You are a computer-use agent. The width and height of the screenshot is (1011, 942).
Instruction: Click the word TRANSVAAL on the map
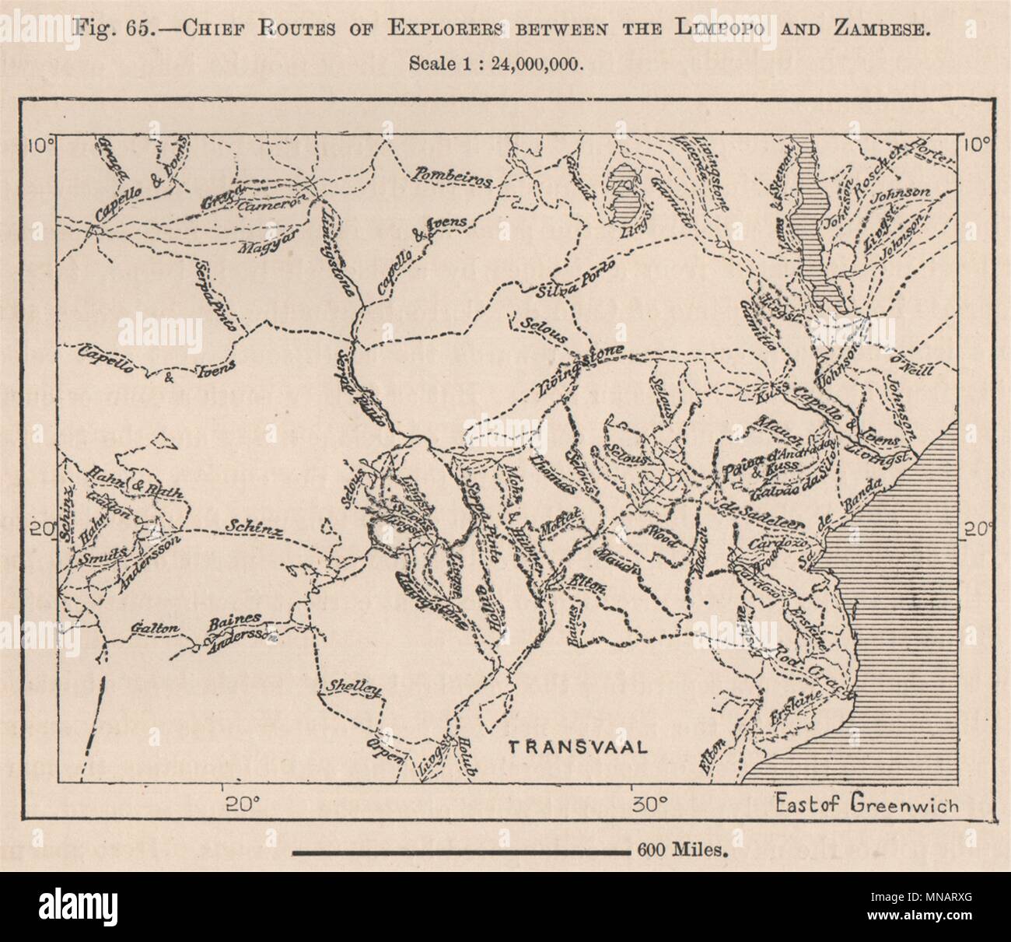[x=577, y=748]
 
